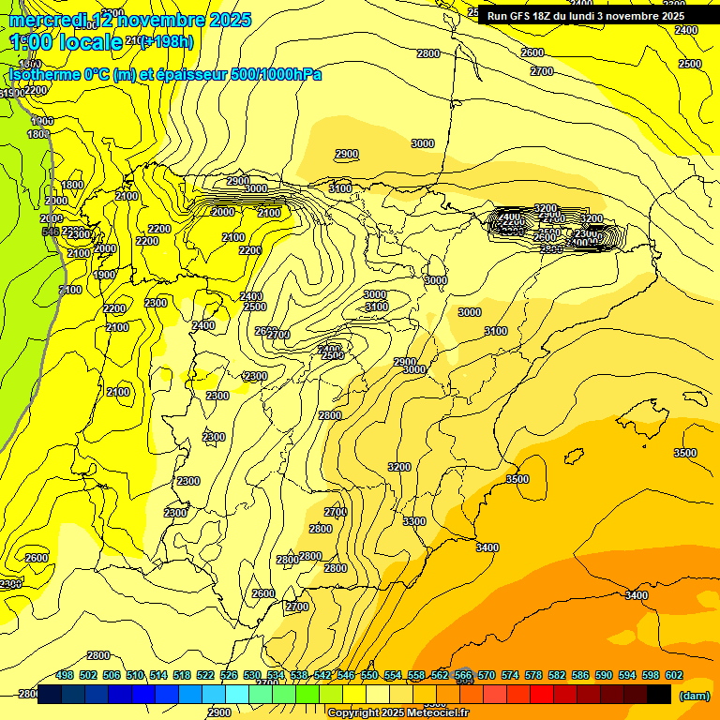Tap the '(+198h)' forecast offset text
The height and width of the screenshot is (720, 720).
point(169,41)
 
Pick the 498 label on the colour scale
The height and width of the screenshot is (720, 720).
point(65,675)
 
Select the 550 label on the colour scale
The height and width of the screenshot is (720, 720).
point(369,675)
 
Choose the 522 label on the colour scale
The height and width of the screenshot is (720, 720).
point(205,675)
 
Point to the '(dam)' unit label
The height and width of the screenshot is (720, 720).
point(694,696)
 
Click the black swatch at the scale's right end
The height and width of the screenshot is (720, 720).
point(659,695)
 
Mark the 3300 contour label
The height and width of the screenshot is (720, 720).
point(414,521)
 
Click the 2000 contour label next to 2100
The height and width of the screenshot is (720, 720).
point(223,212)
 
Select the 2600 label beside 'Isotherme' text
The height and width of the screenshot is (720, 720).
point(532,52)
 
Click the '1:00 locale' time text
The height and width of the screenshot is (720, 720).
point(66,41)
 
